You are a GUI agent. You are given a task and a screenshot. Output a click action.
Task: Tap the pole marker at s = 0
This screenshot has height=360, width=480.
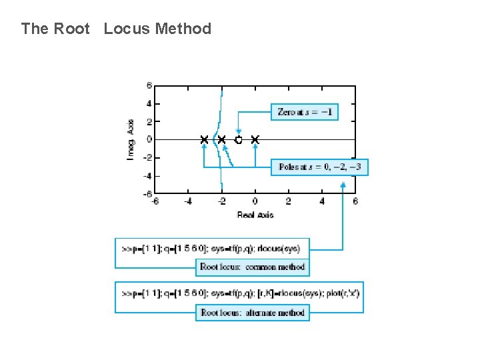pyautogui.click(x=255, y=140)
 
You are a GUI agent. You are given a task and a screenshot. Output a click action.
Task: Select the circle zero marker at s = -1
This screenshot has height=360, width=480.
pyautogui.click(x=239, y=140)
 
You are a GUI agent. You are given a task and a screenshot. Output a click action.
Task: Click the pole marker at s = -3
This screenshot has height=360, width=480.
pyautogui.click(x=205, y=140)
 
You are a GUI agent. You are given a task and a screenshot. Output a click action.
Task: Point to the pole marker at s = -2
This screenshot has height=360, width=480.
pyautogui.click(x=221, y=140)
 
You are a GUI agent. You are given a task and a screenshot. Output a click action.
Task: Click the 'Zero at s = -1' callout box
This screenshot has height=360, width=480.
pyautogui.click(x=303, y=112)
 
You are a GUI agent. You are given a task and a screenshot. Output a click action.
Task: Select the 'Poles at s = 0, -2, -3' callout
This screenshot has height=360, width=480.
pyautogui.click(x=319, y=167)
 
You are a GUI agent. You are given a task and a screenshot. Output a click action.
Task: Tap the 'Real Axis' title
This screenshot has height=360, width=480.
pyautogui.click(x=255, y=215)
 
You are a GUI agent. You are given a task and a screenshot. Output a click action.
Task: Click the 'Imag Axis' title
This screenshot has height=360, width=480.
pyautogui.click(x=131, y=140)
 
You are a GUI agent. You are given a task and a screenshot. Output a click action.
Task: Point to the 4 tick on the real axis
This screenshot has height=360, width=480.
pyautogui.click(x=322, y=201)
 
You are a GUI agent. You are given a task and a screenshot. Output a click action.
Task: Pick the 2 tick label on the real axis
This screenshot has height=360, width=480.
pyautogui.click(x=289, y=201)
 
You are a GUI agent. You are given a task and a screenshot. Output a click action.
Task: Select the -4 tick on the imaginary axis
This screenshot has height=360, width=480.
pyautogui.click(x=148, y=176)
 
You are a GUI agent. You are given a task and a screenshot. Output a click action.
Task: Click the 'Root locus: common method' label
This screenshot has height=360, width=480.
pyautogui.click(x=252, y=267)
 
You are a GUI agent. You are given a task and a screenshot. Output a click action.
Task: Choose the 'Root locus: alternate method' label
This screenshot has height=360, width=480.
pyautogui.click(x=252, y=312)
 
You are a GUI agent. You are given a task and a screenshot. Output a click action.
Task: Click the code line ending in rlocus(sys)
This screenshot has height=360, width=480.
pyautogui.click(x=211, y=249)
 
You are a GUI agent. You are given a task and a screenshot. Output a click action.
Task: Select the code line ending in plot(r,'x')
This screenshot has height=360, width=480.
pyautogui.click(x=240, y=293)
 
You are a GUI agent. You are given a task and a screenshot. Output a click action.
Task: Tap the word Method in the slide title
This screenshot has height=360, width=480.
pyautogui.click(x=183, y=29)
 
